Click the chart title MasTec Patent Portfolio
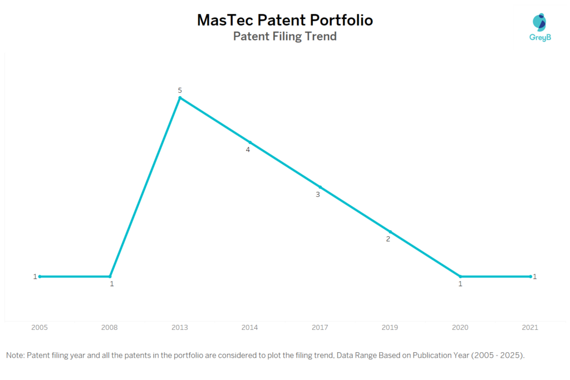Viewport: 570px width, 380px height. click(284, 20)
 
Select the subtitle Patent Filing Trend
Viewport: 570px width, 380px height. click(284, 37)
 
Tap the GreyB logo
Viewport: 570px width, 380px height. click(539, 27)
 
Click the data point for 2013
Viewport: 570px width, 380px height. click(180, 98)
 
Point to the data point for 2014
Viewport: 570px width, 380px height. click(250, 142)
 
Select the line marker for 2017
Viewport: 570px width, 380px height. click(320, 187)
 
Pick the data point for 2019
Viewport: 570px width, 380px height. click(390, 231)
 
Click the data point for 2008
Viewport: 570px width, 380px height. click(110, 276)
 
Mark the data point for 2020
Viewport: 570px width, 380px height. click(460, 276)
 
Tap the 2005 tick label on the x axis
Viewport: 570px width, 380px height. click(40, 328)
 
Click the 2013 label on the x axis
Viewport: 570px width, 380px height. click(180, 328)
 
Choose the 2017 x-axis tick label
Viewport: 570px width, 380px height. click(320, 328)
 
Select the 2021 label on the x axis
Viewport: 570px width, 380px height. click(530, 328)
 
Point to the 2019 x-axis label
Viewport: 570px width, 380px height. click(390, 328)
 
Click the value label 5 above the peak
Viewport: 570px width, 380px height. click(180, 90)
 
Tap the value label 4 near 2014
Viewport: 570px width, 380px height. click(248, 150)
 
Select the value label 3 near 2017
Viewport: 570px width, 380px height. click(318, 195)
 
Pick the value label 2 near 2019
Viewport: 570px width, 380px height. click(388, 239)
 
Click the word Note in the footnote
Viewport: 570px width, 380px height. click(15, 355)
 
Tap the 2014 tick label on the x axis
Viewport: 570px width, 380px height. click(250, 328)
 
